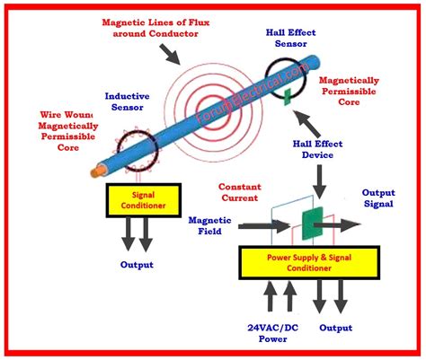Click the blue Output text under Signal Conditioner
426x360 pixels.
137,264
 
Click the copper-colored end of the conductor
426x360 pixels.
96,170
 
